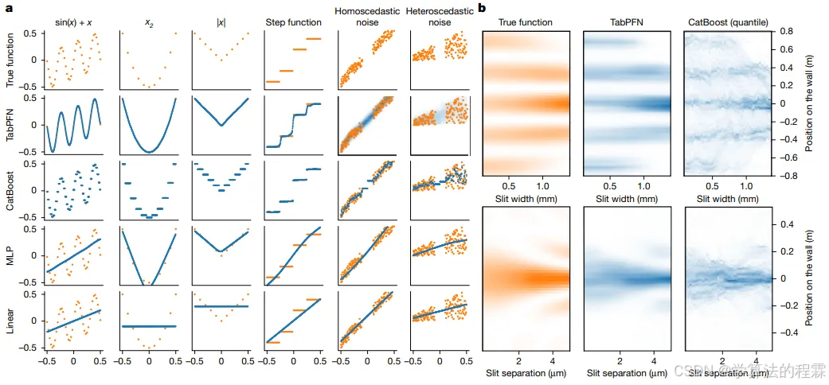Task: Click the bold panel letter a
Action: tap(9, 8)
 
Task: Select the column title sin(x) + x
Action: tap(73, 22)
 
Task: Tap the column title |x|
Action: tap(221, 23)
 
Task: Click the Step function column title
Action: tap(293, 22)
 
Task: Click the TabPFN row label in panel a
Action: tap(10, 126)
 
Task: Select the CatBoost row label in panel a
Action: tap(10, 191)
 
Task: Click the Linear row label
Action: tap(10, 320)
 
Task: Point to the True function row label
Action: tap(10, 60)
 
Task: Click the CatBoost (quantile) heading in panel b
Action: tap(725, 22)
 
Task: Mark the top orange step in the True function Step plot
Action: tap(315, 38)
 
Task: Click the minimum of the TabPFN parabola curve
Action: tap(149, 150)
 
